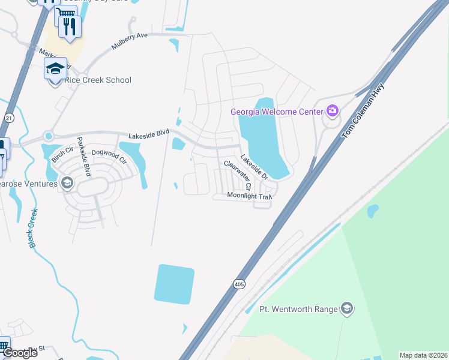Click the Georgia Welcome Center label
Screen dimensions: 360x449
point(277,111)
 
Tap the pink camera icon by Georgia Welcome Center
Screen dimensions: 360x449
point(332,110)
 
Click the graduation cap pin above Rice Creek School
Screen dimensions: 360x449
point(55,68)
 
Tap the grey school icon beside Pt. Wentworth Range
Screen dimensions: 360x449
point(346,309)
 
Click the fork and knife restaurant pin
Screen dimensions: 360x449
point(70,26)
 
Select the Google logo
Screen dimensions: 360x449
point(20,353)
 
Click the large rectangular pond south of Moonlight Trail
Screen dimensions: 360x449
point(174,283)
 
